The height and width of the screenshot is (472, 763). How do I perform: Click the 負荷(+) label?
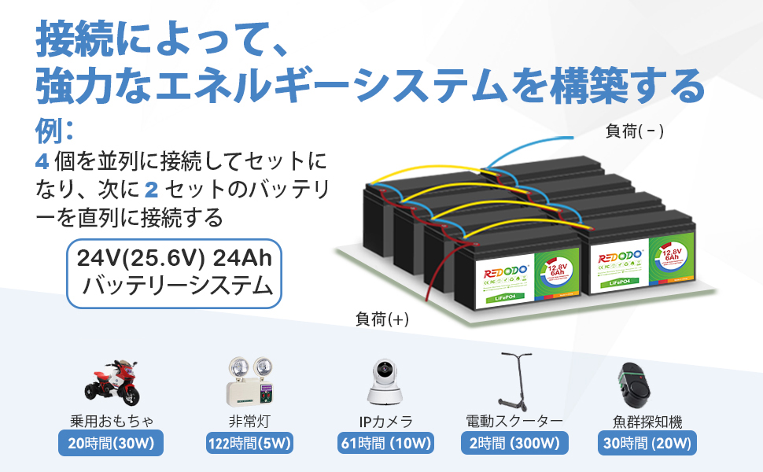point(382,319)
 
